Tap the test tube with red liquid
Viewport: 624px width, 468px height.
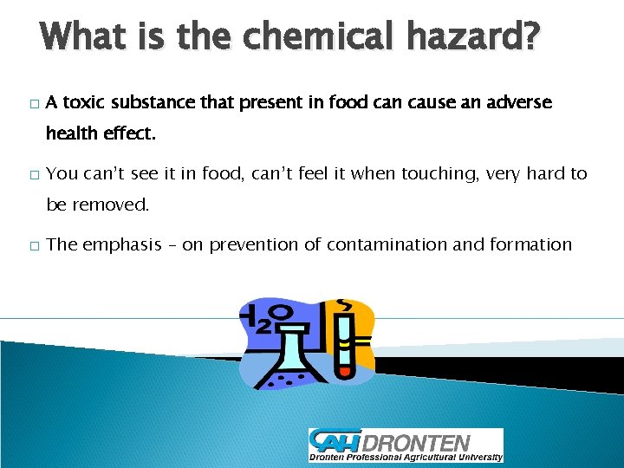coord(344,342)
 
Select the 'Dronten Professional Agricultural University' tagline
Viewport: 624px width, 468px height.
coord(406,457)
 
